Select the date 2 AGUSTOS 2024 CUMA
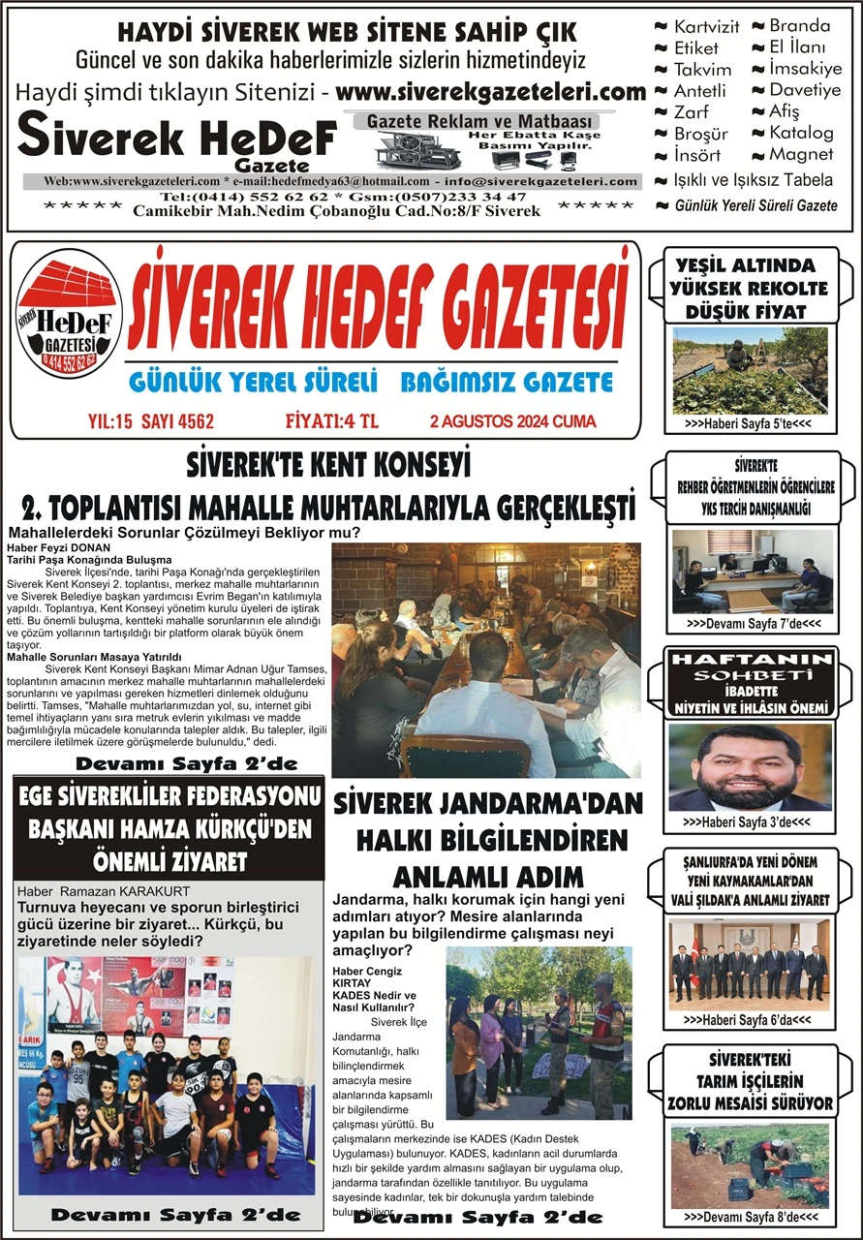coord(512,421)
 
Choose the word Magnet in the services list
coord(800,154)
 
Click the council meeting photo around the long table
coord(485,660)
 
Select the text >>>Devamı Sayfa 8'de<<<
coord(751,1217)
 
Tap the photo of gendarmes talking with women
coord(539,1032)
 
